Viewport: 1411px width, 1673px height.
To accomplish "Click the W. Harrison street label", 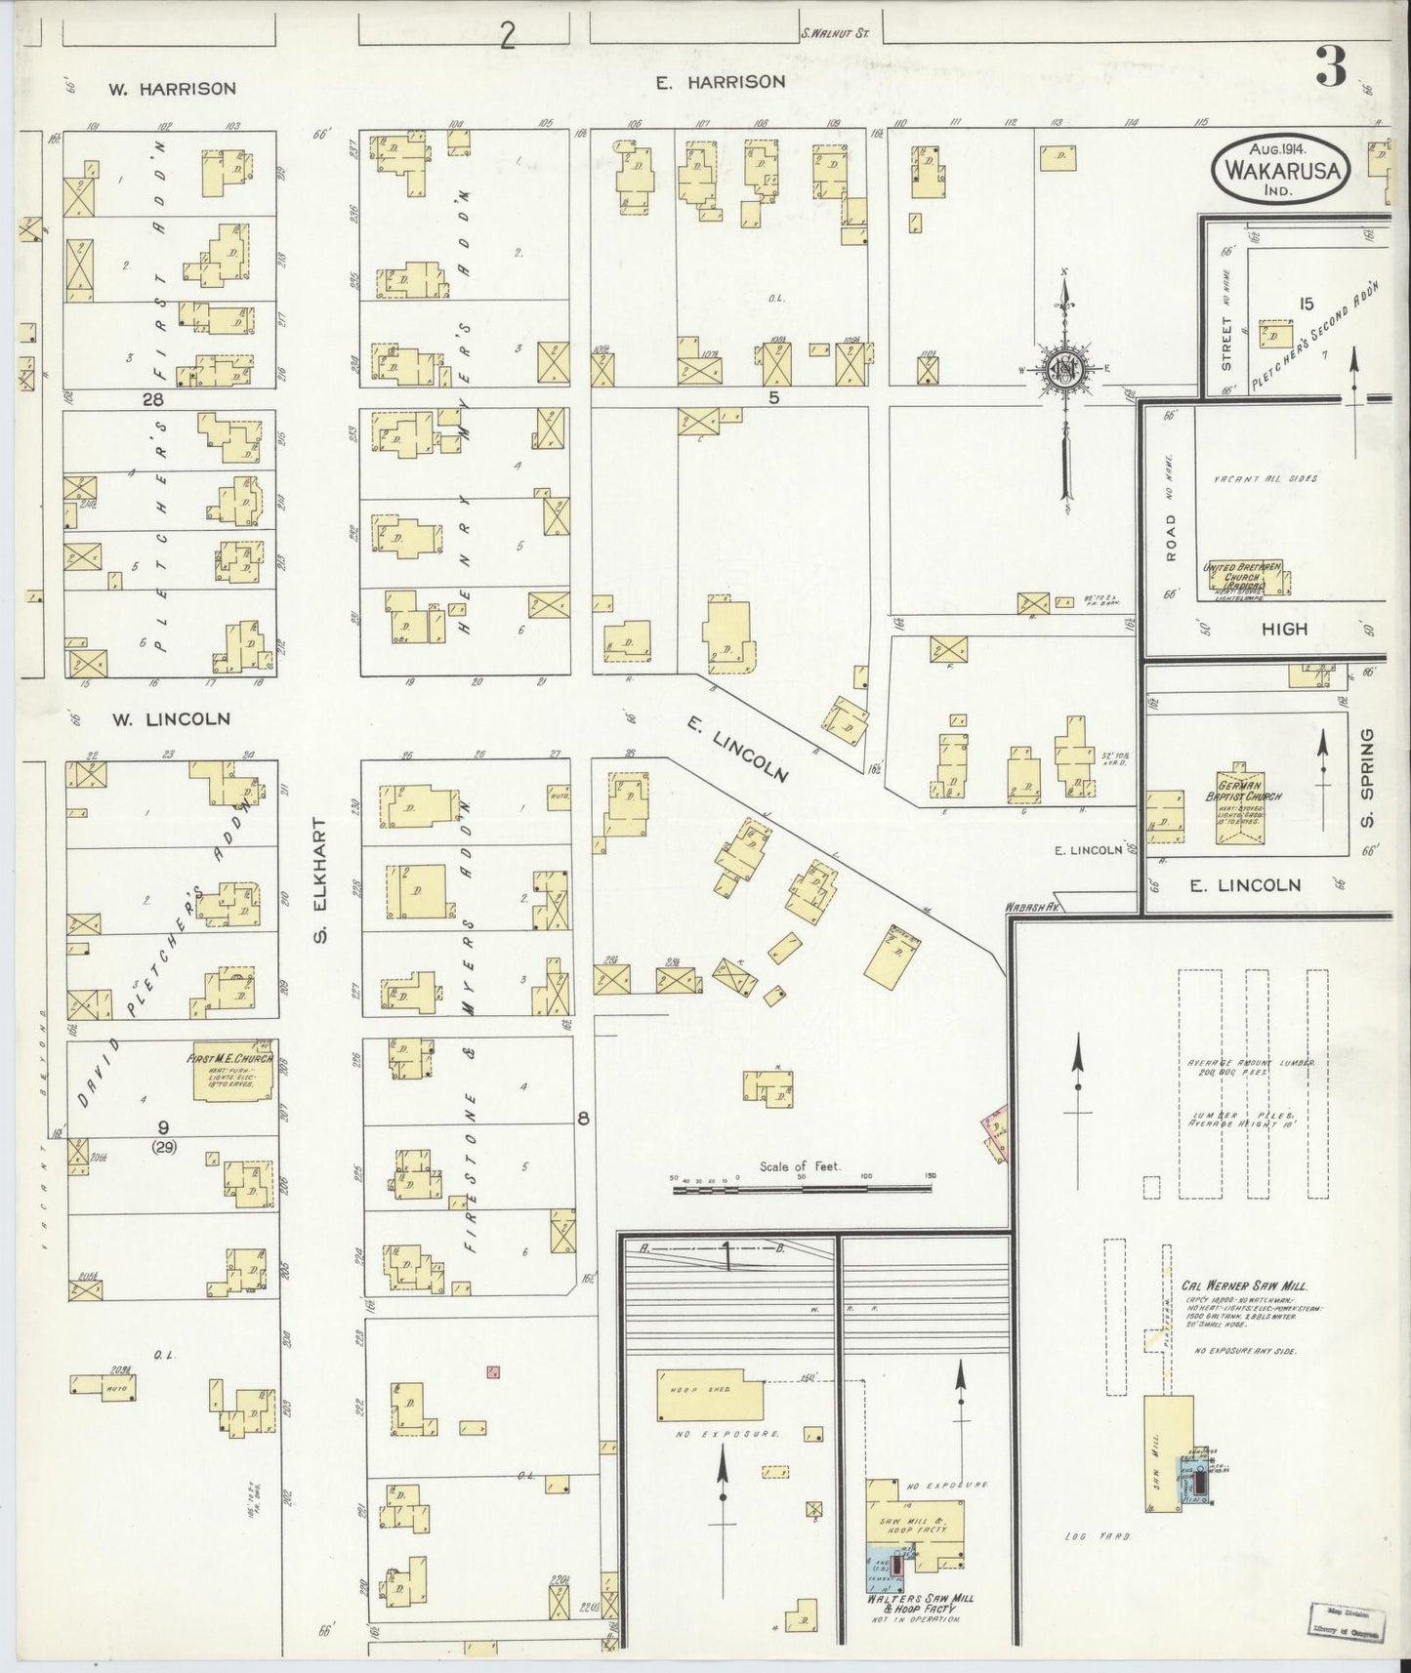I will [x=172, y=89].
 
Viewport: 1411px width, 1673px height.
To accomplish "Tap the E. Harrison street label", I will [x=721, y=82].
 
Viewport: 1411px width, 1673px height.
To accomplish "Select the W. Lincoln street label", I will [x=170, y=718].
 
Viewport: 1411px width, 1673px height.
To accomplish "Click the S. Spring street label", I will [x=1366, y=777].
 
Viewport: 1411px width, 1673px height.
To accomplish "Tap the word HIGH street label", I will [x=1284, y=630].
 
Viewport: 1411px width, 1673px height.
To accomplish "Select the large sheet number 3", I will [x=1331, y=67].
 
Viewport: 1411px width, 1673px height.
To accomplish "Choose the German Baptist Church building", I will [x=1240, y=803].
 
